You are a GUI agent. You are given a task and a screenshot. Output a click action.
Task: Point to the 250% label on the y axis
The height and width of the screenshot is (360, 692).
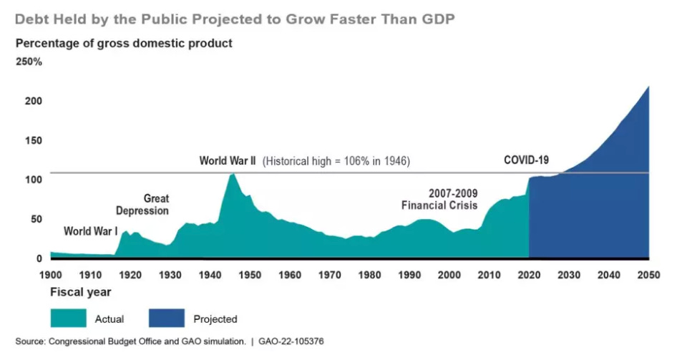point(29,62)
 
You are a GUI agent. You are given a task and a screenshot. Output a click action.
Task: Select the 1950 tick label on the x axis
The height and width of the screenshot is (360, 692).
point(250,274)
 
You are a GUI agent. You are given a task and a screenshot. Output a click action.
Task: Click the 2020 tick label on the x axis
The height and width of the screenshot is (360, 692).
point(529,274)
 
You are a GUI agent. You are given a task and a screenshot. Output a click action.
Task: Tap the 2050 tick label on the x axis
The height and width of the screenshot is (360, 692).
point(648,274)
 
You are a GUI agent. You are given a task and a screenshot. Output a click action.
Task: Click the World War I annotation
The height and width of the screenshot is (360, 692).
point(91,231)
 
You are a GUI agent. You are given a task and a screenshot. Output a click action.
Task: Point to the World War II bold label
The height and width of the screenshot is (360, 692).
point(227,161)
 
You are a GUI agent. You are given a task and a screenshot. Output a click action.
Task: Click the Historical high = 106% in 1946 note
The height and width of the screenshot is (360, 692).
point(336,161)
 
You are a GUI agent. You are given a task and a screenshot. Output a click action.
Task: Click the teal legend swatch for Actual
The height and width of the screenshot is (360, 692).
point(68,318)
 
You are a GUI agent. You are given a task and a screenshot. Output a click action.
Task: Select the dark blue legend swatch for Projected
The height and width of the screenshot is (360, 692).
point(167,318)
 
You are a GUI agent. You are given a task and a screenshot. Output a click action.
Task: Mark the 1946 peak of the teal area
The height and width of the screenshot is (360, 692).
point(232,174)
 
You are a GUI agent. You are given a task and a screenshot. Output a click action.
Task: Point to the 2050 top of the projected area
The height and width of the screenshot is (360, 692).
point(648,87)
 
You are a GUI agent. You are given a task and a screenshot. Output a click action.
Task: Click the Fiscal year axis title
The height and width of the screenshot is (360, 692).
point(80,292)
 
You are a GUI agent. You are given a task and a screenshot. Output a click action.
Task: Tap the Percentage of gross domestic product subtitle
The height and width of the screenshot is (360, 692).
point(124,43)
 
